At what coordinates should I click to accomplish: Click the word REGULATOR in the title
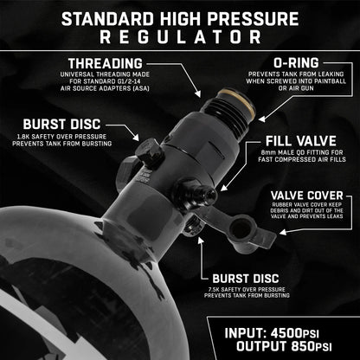(x=181, y=37)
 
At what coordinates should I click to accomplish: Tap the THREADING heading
(x=106, y=64)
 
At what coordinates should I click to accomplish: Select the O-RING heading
(x=296, y=63)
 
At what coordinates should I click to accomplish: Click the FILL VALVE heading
(x=301, y=141)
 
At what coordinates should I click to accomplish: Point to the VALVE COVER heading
(x=307, y=196)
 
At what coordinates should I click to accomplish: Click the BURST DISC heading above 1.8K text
(x=61, y=125)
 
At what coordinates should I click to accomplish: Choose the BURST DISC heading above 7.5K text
(x=246, y=279)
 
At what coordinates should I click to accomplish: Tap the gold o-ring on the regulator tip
(x=236, y=102)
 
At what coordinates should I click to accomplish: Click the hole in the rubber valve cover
(x=241, y=228)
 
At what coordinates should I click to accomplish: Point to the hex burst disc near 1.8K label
(x=150, y=153)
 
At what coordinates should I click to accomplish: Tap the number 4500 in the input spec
(x=286, y=333)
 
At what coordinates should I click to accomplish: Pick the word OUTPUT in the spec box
(x=261, y=346)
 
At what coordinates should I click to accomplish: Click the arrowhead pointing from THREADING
(x=198, y=93)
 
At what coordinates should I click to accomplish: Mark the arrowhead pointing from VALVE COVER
(x=283, y=232)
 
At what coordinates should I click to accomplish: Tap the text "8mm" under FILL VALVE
(x=267, y=152)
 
